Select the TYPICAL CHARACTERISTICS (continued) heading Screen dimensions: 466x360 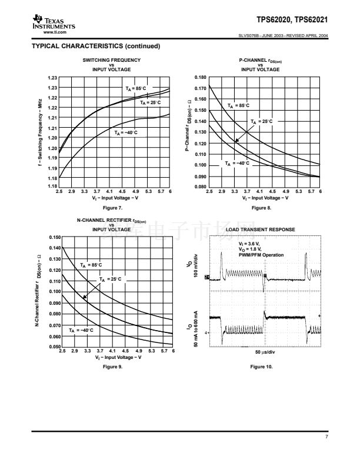(96, 46)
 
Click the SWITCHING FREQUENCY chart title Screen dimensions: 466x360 (111, 60)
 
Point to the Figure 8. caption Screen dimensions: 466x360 (261, 208)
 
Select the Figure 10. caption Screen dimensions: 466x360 (261, 367)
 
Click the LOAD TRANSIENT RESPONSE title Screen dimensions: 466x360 (261, 229)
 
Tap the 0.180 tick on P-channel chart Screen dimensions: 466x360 (200, 78)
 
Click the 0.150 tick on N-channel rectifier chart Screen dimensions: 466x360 (54, 237)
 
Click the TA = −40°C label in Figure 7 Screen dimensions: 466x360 (126, 133)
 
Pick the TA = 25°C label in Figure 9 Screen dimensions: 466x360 (110, 278)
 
